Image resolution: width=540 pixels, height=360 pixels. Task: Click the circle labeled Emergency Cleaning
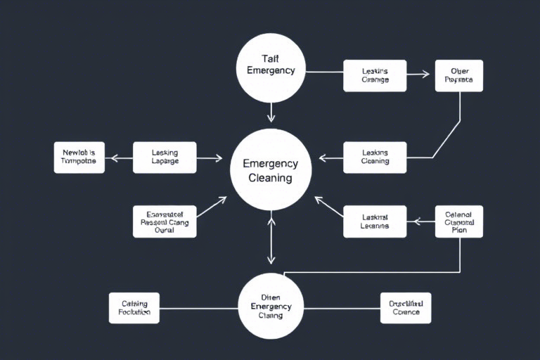[271, 170]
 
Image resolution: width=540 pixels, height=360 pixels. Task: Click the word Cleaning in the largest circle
[271, 179]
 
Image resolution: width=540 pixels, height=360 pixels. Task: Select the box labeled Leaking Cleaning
[375, 157]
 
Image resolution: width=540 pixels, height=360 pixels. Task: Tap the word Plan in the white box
[458, 230]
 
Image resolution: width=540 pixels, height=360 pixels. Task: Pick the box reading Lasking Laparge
[165, 157]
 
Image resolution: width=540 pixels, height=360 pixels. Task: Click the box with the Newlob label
[79, 157]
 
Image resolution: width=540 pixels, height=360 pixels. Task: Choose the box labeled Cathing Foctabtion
[134, 308]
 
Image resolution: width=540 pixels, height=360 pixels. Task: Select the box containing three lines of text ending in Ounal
[165, 221]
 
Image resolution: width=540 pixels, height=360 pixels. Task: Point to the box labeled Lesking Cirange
[375, 75]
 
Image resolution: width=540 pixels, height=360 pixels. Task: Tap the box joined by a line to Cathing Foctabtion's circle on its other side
[406, 308]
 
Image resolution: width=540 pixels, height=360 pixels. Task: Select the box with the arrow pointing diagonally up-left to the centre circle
[375, 221]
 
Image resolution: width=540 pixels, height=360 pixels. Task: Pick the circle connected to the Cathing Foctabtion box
[271, 307]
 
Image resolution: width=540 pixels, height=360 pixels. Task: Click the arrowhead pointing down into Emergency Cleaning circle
[271, 117]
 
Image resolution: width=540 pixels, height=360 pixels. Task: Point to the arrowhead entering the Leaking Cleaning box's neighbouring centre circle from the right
[322, 158]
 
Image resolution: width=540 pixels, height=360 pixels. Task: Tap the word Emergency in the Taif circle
[271, 70]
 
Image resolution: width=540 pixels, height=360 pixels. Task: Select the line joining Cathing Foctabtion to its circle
[198, 308]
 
